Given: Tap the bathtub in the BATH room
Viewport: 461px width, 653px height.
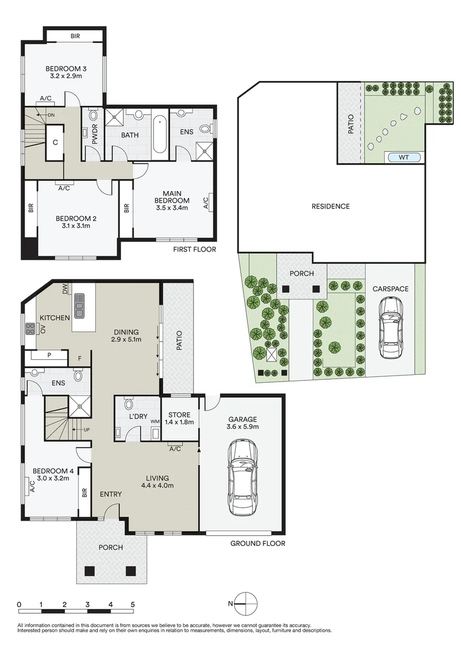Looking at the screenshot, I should click(x=159, y=134).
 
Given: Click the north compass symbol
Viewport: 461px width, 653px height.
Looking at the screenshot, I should click(x=245, y=603).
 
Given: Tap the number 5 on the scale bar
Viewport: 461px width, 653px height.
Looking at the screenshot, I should click(x=132, y=604).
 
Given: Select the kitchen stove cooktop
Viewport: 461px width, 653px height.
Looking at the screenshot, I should click(x=30, y=329).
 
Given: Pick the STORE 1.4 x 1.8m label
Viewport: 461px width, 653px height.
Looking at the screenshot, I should click(x=179, y=418).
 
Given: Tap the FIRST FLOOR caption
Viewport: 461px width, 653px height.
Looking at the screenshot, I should click(x=194, y=249).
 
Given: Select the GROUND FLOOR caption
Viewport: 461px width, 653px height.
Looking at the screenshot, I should click(x=257, y=544).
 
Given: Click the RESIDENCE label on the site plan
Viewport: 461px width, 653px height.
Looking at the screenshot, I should click(x=330, y=206).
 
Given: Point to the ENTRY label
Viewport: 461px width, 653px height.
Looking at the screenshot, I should click(x=111, y=494).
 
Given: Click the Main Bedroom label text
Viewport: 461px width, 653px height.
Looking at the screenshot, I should click(x=172, y=200).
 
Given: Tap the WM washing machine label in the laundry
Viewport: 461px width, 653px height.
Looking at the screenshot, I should click(x=154, y=421).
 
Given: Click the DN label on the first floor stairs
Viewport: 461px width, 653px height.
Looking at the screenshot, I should click(x=51, y=114).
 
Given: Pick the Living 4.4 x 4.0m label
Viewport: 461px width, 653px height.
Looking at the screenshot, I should click(x=157, y=482).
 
